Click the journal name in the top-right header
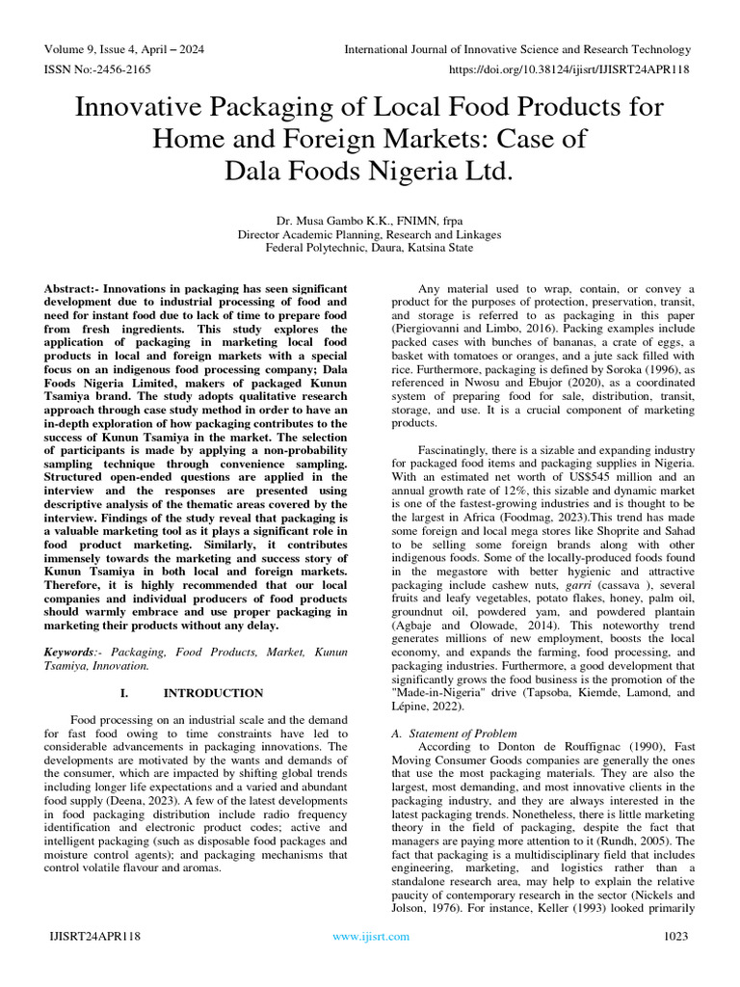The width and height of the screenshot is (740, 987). pos(518,50)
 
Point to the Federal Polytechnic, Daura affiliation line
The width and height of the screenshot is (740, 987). pos(369,248)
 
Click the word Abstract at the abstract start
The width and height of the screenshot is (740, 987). pos(71,289)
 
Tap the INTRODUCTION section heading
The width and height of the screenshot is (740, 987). pos(213,693)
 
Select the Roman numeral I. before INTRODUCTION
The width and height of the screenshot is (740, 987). pos(125,693)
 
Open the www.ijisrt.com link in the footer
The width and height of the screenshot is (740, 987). pos(370,936)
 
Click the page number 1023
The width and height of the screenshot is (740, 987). pos(677,936)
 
